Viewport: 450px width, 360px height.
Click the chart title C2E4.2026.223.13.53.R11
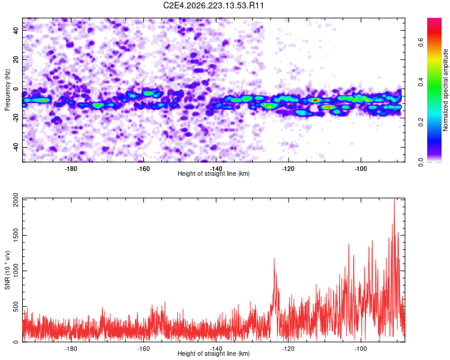click(x=214, y=5)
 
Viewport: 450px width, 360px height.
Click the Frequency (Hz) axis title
click(x=7, y=90)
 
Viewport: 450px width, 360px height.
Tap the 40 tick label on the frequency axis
click(x=16, y=30)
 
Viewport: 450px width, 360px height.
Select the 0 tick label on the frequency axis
click(x=16, y=89)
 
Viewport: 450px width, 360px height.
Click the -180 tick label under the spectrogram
click(x=71, y=169)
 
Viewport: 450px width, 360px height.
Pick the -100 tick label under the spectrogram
click(x=361, y=169)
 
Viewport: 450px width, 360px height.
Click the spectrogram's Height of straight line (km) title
click(x=214, y=173)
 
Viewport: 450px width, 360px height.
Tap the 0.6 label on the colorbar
click(x=421, y=43)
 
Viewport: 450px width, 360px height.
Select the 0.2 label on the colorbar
click(x=421, y=122)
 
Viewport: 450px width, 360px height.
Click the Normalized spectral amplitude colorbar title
click(x=445, y=90)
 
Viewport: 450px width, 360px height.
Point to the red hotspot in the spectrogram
click(x=316, y=100)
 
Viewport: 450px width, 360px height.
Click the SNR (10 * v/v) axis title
click(x=7, y=270)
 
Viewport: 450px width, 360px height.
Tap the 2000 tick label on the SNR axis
click(x=16, y=200)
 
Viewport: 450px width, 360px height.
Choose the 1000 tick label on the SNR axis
click(x=16, y=271)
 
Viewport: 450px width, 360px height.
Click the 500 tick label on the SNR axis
click(x=16, y=307)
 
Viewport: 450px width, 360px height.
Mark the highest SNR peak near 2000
click(x=394, y=199)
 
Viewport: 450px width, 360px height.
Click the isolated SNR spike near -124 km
click(x=274, y=258)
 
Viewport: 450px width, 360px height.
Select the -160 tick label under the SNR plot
click(x=143, y=349)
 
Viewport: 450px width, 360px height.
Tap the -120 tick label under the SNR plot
click(x=288, y=349)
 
